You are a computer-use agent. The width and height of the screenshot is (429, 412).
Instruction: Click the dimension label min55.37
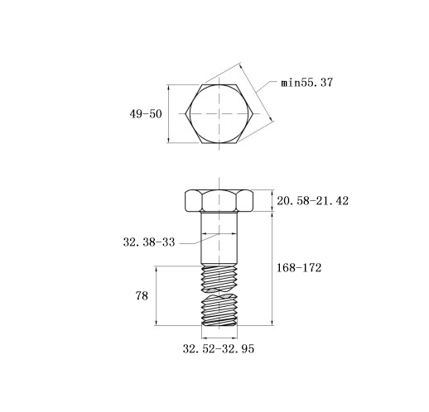(x=306, y=83)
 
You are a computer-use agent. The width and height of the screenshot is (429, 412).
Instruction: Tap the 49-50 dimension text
(x=146, y=113)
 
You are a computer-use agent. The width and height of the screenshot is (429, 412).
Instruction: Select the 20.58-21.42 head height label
(x=312, y=201)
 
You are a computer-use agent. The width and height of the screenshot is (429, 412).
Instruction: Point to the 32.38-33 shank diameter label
(x=149, y=242)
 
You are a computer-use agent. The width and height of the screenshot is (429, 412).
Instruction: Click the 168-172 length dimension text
(x=299, y=268)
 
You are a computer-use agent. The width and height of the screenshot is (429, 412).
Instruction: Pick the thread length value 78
(x=142, y=296)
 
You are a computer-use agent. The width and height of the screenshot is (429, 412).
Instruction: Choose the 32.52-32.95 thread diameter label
(x=219, y=349)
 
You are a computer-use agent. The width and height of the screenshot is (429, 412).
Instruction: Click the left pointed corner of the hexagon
(x=186, y=113)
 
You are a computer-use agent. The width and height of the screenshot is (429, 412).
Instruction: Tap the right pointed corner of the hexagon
(x=253, y=113)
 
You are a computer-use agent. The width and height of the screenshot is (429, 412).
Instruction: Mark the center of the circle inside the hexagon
(x=219, y=113)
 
